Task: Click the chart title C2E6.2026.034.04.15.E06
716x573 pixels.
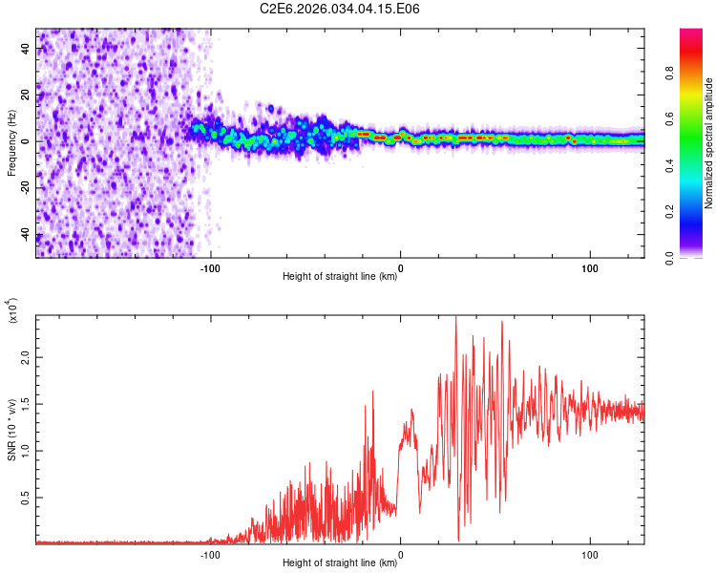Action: point(340,9)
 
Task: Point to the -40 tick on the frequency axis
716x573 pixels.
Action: point(25,236)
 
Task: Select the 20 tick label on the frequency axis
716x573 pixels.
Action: point(25,95)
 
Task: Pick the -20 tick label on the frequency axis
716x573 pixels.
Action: point(25,189)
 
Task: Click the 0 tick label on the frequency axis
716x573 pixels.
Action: point(25,141)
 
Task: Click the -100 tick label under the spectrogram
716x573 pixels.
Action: point(211,267)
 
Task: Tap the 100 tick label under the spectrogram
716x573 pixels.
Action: point(590,267)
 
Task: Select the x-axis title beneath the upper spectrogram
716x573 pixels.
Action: point(340,277)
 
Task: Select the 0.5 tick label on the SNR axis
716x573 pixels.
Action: point(25,498)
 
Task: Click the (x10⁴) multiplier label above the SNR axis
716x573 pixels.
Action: point(11,311)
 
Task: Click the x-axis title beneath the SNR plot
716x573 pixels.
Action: point(340,563)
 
